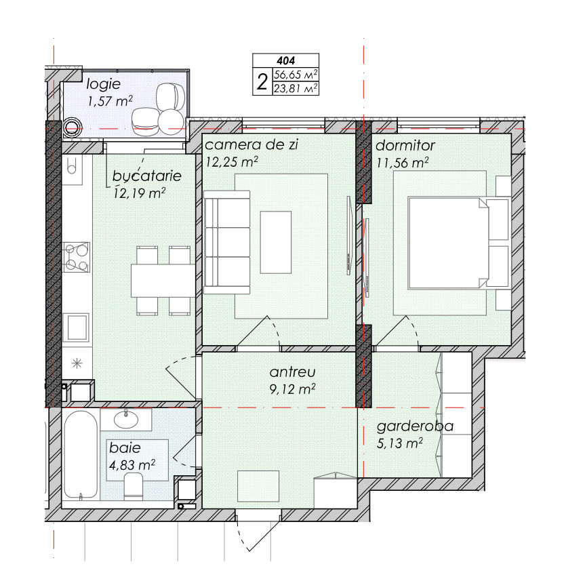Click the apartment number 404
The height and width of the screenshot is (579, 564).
(x=285, y=60)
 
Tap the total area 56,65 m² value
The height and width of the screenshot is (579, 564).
(x=296, y=75)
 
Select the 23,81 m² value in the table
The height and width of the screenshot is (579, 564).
(x=296, y=89)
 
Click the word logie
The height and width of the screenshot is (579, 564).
(x=103, y=85)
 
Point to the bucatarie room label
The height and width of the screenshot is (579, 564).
(x=147, y=176)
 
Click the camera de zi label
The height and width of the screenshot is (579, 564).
(x=251, y=145)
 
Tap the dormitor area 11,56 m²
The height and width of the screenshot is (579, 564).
(x=403, y=163)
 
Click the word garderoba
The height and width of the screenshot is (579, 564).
(x=415, y=426)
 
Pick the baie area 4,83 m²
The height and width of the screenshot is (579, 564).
(x=132, y=464)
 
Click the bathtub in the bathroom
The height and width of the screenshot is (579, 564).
(x=81, y=454)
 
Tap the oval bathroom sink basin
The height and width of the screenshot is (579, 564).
(x=126, y=419)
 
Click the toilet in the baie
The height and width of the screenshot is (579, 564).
(x=134, y=486)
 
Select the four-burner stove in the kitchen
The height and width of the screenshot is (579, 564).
(x=77, y=257)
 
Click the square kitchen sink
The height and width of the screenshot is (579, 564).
(x=76, y=327)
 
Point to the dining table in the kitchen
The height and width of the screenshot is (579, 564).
(x=163, y=281)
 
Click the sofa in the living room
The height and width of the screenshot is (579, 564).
(x=227, y=242)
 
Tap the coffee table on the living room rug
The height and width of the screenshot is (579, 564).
(x=276, y=242)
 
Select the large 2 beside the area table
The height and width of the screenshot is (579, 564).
(x=262, y=82)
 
